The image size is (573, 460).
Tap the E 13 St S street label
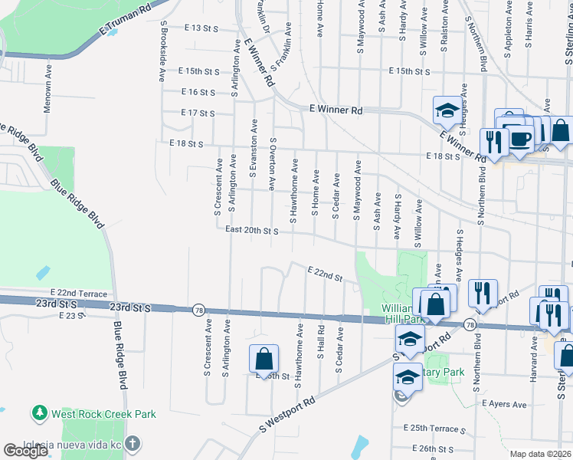click(201, 28)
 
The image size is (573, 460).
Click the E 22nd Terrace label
click(79, 293)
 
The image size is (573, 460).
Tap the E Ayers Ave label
click(503, 404)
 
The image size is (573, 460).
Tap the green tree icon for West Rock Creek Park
click(40, 413)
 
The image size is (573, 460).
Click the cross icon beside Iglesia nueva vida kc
click(133, 444)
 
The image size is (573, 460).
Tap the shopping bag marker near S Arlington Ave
click(263, 357)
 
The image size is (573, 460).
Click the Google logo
click(25, 451)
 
